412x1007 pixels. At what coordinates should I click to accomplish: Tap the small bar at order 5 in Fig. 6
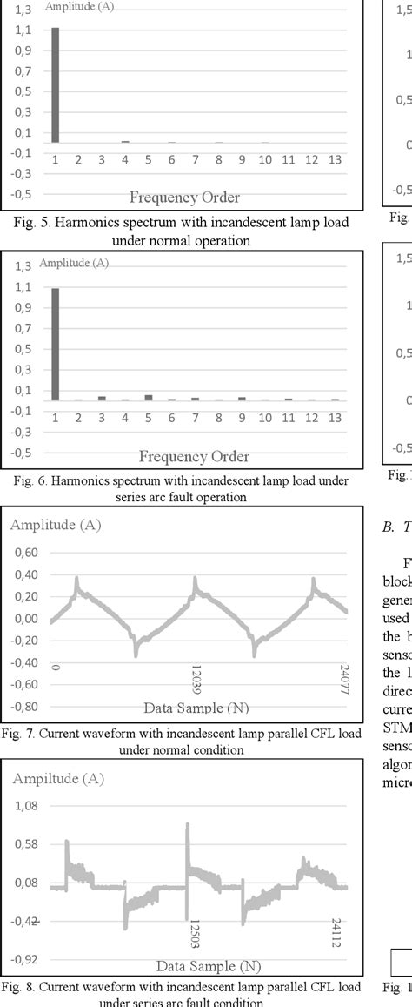[149, 398]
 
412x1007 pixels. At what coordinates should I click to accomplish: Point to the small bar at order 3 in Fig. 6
[102, 399]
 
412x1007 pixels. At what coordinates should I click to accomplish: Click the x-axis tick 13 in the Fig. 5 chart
[336, 160]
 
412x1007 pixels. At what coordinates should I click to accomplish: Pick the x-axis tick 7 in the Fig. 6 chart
[195, 419]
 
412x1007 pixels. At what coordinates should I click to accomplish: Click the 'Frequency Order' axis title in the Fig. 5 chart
[184, 196]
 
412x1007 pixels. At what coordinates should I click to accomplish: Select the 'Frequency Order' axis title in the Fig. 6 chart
[194, 456]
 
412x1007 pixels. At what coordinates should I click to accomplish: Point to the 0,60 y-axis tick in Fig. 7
[26, 552]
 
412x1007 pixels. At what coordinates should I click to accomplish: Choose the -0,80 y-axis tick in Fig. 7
[24, 707]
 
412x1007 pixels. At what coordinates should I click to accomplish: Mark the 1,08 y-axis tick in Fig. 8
[26, 806]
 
